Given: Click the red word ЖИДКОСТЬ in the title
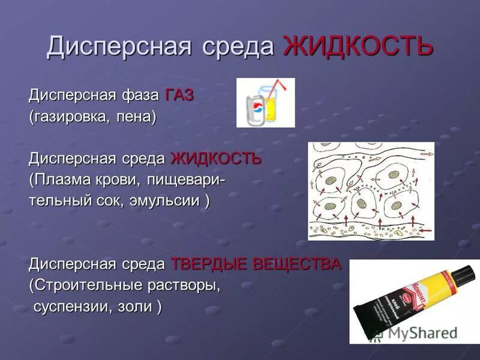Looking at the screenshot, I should [358, 46].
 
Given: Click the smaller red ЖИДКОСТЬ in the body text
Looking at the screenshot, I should [216, 158].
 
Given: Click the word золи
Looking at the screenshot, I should [139, 307].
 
